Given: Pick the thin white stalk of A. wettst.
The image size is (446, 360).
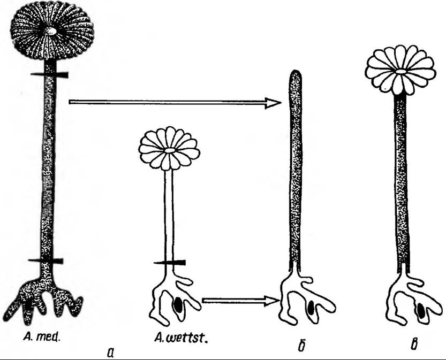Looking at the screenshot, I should click(x=170, y=214).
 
